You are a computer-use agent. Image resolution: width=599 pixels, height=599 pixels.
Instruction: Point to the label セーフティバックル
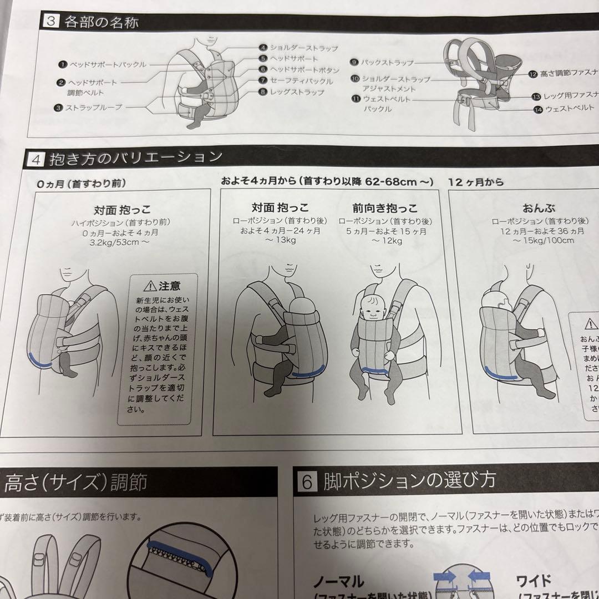click(302, 81)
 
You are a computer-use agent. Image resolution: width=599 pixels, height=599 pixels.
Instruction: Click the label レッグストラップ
click(297, 92)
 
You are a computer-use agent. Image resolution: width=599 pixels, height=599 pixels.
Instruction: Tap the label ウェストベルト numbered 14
click(570, 109)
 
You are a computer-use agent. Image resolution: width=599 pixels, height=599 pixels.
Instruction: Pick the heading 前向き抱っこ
click(385, 209)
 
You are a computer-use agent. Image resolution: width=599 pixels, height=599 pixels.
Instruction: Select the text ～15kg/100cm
click(543, 240)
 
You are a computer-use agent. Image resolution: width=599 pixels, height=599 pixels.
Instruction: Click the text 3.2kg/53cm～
click(123, 242)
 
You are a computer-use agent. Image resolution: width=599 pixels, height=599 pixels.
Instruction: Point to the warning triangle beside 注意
click(149, 286)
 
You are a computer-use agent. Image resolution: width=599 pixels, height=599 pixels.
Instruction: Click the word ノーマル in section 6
click(338, 582)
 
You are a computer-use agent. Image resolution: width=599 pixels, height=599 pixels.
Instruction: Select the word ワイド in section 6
click(533, 581)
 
